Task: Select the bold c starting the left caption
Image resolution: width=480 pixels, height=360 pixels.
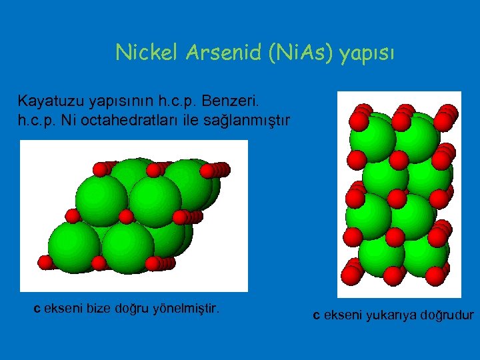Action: coord(37,309)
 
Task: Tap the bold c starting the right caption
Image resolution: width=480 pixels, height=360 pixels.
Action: coord(317,315)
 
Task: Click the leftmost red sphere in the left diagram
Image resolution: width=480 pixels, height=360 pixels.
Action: coord(45,262)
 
